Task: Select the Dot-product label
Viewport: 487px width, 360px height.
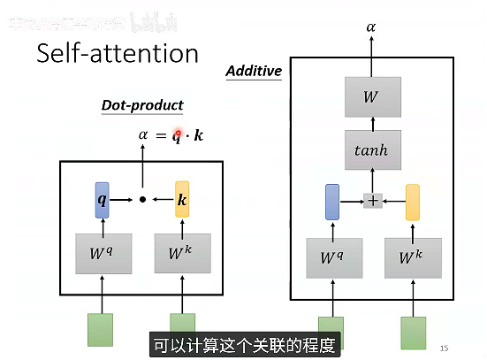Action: point(142,105)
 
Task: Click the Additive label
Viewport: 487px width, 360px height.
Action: point(254,71)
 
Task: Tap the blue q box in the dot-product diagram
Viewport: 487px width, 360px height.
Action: point(103,199)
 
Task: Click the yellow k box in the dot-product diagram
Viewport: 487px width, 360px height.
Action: point(182,199)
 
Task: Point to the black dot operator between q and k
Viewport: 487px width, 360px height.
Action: point(142,200)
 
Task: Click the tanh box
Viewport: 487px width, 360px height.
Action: point(371,149)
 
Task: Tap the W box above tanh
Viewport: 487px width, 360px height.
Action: point(371,96)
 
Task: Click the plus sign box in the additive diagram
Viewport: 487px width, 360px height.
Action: point(373,201)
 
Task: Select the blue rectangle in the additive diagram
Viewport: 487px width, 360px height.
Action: point(332,202)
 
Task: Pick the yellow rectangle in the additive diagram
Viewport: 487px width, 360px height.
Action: point(412,202)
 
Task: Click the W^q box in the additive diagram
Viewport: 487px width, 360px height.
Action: point(332,258)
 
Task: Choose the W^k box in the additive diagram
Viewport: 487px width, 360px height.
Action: point(412,258)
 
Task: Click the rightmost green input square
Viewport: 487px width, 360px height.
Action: point(412,333)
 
